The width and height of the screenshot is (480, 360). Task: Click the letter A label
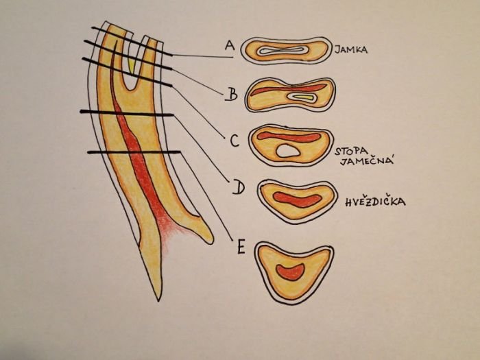(x=229, y=45)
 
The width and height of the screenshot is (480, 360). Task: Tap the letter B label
(x=232, y=94)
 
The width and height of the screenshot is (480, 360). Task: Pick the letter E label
(x=240, y=246)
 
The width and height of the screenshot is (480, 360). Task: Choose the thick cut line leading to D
(x=127, y=112)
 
